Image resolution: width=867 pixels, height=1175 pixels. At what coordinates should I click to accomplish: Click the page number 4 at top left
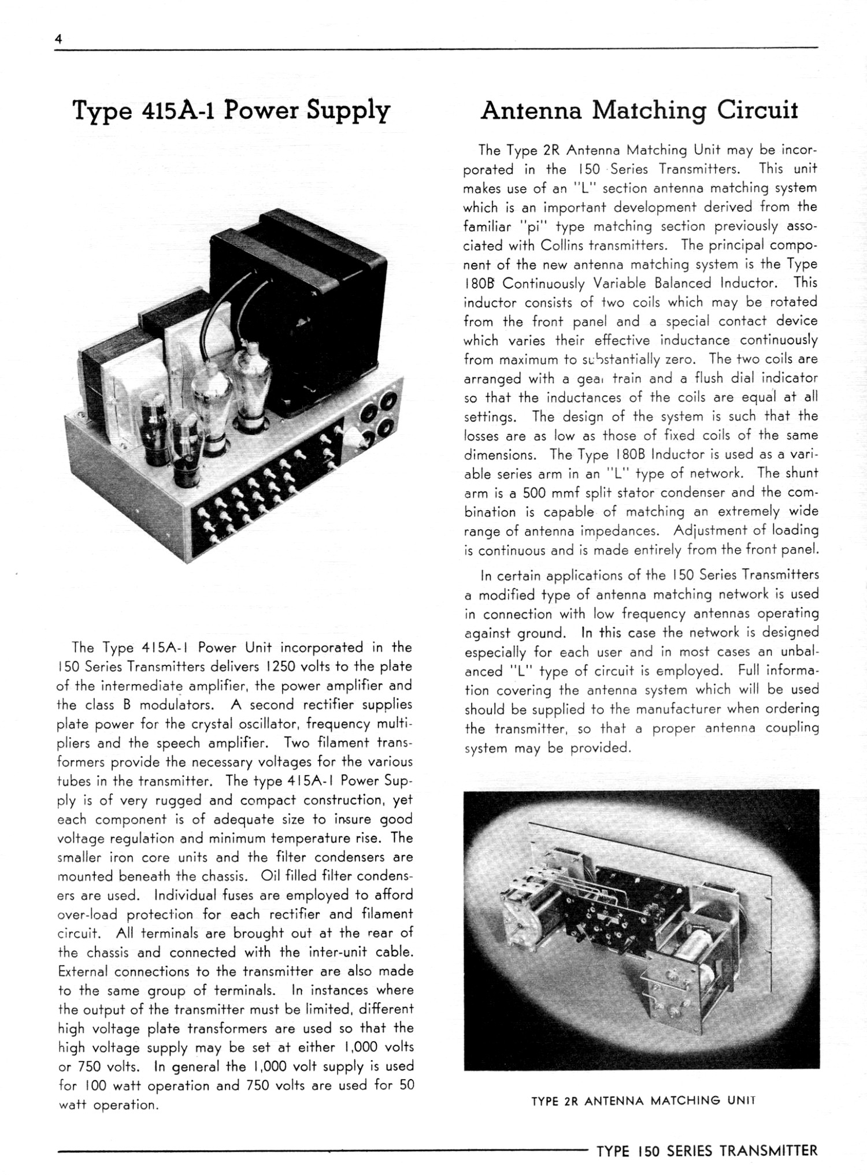(58, 39)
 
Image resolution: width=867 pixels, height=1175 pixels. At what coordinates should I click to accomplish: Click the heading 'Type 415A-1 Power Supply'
(231, 110)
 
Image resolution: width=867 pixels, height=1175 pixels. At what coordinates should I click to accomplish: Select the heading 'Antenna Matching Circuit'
(639, 110)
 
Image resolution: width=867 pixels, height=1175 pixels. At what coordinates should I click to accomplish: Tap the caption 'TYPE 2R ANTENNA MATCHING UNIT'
(643, 1100)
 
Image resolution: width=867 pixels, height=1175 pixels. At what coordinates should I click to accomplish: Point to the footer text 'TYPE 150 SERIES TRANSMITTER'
(707, 1150)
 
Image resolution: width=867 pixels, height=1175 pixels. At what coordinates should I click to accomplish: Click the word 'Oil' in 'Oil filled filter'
(271, 876)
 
